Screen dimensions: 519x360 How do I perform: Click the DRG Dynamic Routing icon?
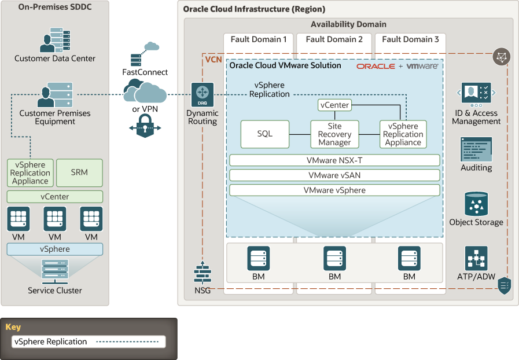(x=203, y=93)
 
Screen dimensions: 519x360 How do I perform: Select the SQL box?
(x=264, y=134)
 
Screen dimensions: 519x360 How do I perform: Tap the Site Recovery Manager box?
(x=334, y=134)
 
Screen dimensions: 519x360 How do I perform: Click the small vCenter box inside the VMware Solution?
(x=334, y=105)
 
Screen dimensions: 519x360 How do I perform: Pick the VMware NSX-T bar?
(x=334, y=160)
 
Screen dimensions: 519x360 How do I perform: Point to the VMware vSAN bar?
(x=334, y=175)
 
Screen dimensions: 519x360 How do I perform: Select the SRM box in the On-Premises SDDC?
(x=79, y=172)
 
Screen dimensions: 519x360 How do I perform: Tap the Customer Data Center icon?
(x=55, y=41)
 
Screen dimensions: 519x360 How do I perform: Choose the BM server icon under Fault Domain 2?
(x=334, y=258)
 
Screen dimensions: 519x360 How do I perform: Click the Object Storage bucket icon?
(x=476, y=204)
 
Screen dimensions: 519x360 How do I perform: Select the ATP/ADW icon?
(x=476, y=258)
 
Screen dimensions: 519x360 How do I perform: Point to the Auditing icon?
(x=476, y=149)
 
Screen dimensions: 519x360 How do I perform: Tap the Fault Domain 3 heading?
(x=410, y=39)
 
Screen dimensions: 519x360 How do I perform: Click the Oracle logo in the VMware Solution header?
(x=376, y=66)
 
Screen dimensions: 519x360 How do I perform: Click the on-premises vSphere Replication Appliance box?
(x=30, y=172)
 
